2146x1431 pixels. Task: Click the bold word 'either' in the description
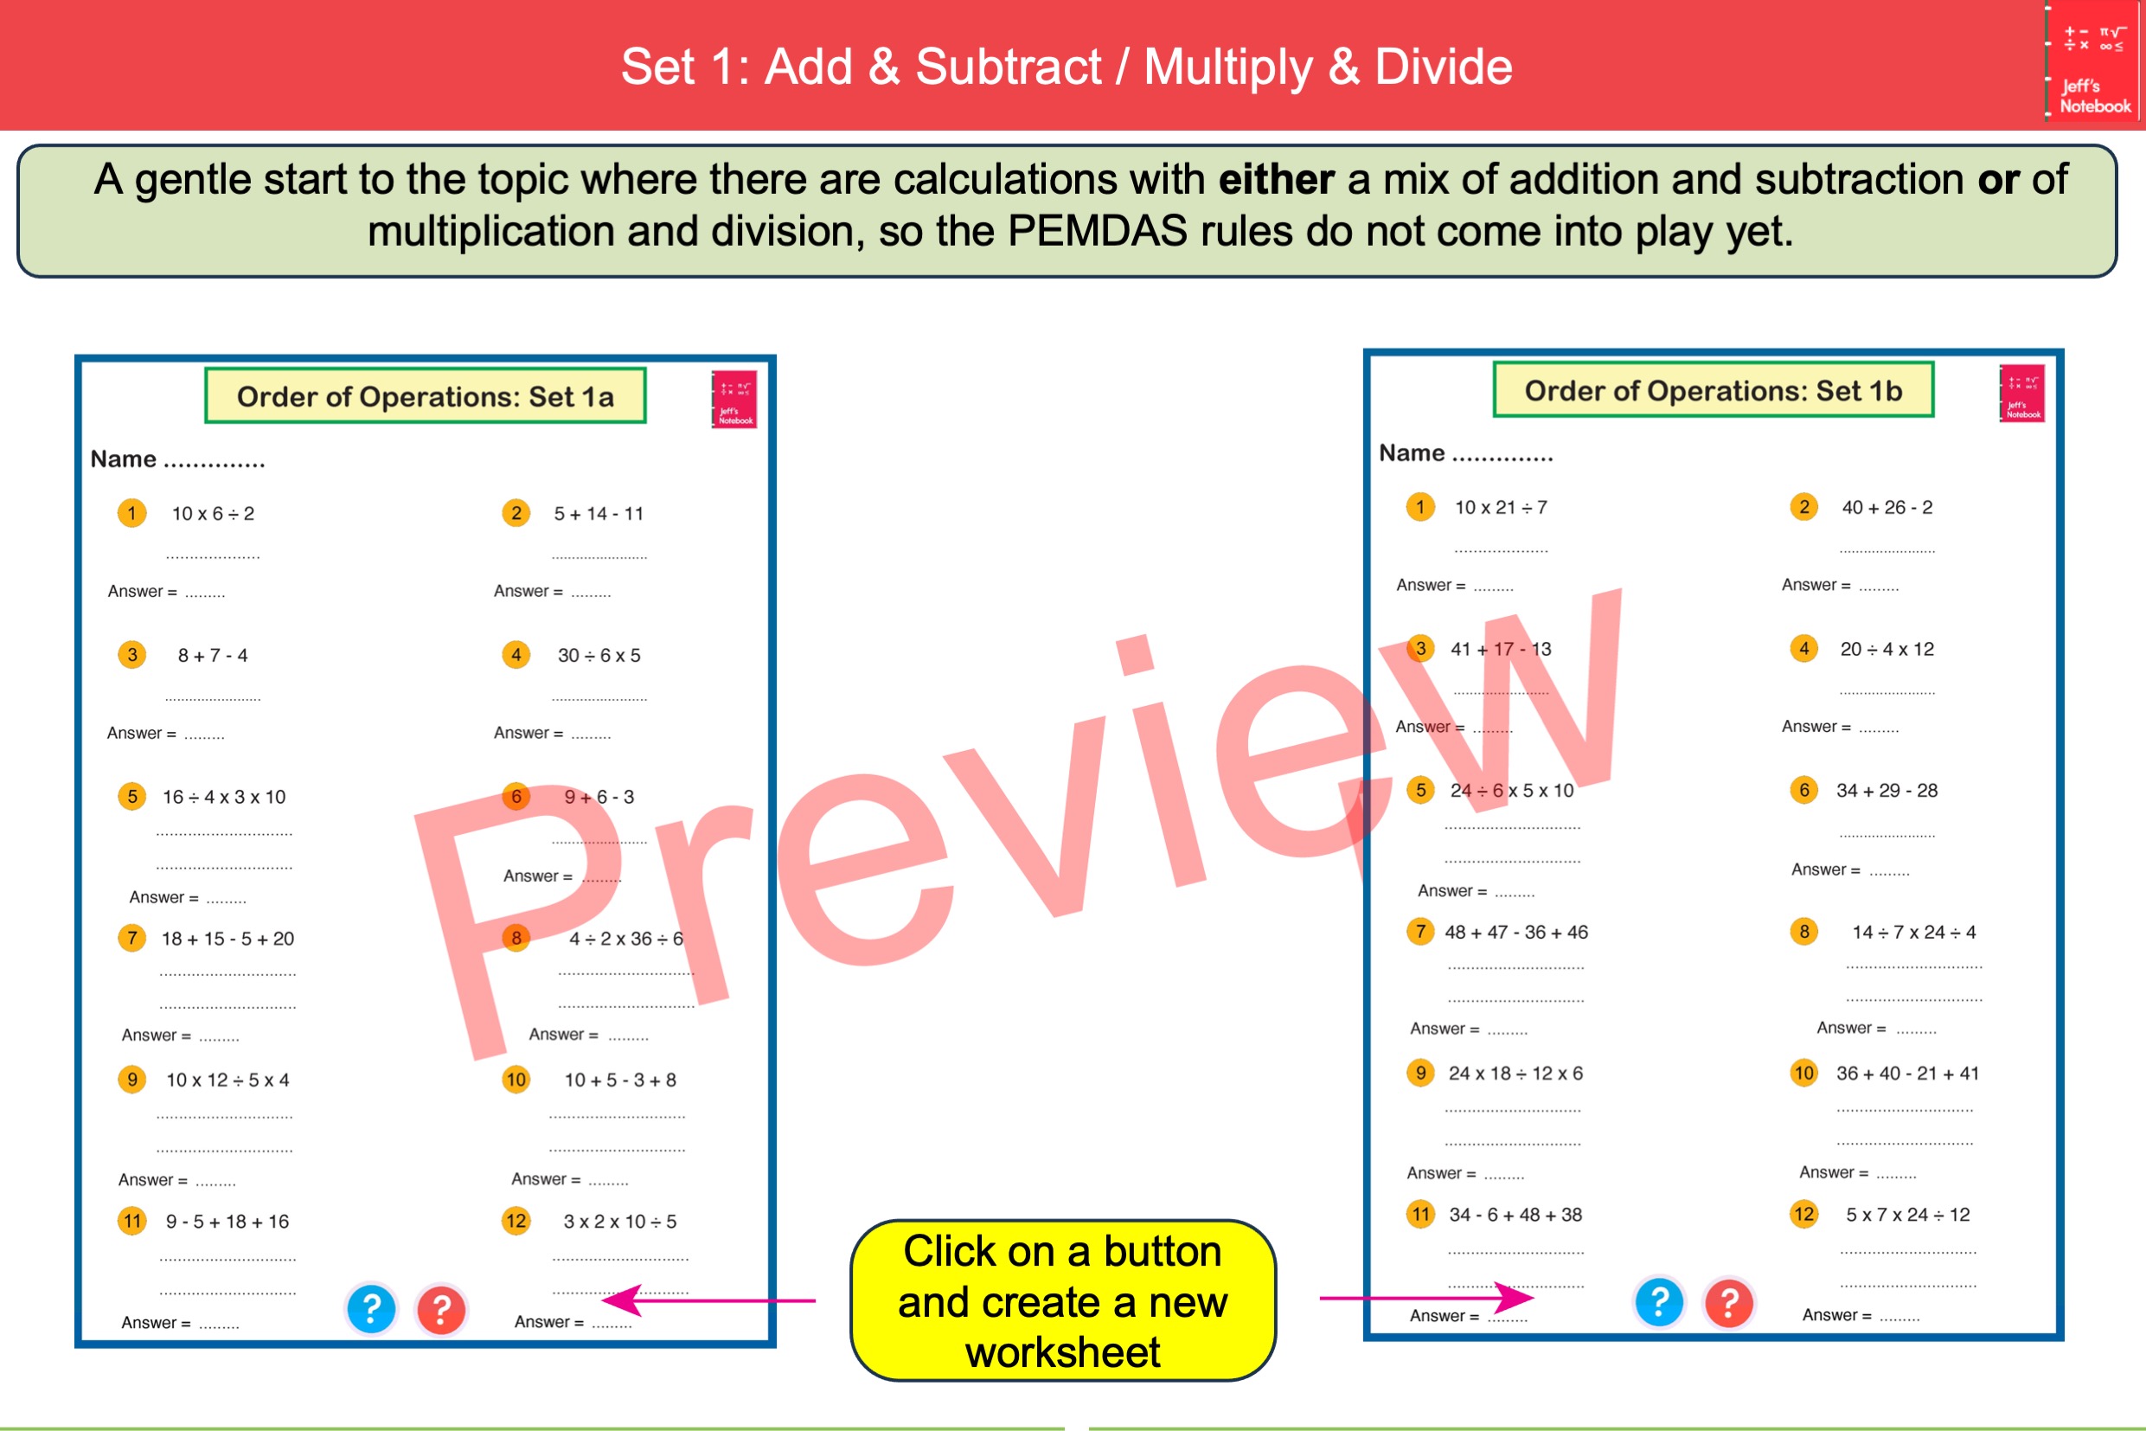[x=1276, y=180]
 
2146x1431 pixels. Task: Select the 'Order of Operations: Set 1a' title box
[x=426, y=396]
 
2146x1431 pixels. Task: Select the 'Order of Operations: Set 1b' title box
[x=1713, y=390]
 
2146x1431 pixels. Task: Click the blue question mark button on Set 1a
[x=371, y=1309]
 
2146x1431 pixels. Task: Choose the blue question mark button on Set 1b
[x=1659, y=1301]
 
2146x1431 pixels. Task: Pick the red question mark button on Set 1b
[x=1729, y=1301]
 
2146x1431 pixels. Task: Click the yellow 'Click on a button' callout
[x=1062, y=1300]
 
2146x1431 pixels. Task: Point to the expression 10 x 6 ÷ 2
[x=213, y=514]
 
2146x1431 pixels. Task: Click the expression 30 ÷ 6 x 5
[x=599, y=655]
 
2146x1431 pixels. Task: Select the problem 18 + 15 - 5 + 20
[x=227, y=938]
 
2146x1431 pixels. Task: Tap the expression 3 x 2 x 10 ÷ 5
[x=619, y=1221]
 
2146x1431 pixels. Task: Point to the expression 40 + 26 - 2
[x=1887, y=507]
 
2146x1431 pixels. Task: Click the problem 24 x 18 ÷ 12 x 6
[x=1515, y=1073]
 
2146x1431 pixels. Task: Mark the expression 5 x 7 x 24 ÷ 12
[x=1907, y=1215]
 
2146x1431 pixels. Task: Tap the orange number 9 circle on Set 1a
[x=132, y=1080]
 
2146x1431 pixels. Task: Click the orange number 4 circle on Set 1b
[x=1803, y=649]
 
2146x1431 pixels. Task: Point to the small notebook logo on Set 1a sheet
[x=734, y=399]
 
